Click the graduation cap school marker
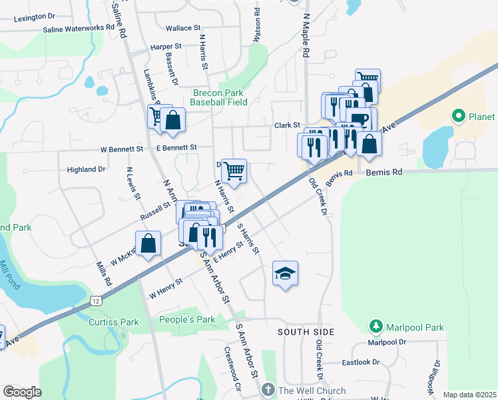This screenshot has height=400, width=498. coord(285,273)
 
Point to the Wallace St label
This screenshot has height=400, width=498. coord(183,29)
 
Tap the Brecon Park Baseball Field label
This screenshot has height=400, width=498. coord(218,97)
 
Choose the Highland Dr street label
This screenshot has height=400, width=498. coord(86,169)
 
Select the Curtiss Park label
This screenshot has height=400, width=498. coord(113,322)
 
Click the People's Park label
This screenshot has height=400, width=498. coord(187,319)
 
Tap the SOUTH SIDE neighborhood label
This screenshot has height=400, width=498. coord(306,331)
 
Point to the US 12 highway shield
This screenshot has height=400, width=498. coord(97,303)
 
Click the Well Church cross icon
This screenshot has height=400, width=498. coord(268,390)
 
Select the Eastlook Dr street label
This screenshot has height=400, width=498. coord(360,363)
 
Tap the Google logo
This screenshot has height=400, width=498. coord(22,392)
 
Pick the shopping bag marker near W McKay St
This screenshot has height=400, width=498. coord(148,244)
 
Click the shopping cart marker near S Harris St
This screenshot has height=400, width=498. coord(234,172)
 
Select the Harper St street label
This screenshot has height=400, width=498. coord(166,47)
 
